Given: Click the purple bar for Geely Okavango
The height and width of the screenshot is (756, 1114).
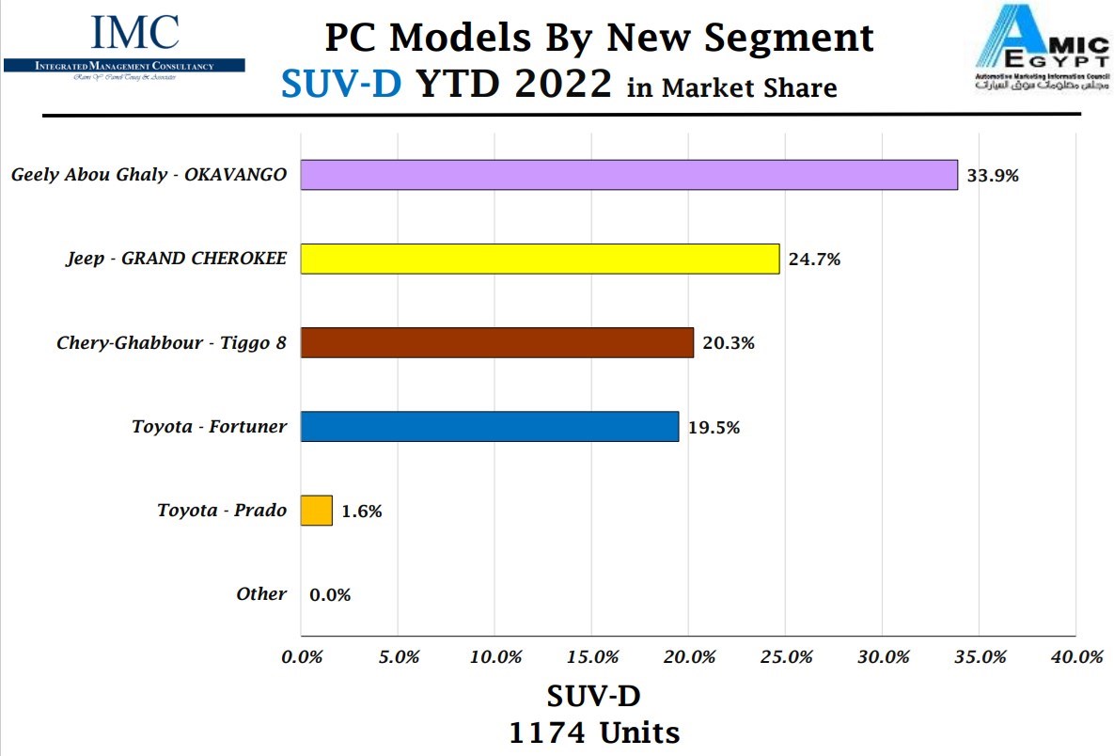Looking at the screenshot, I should click(628, 175).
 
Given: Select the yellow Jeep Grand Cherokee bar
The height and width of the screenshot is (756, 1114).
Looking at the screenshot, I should click(540, 259).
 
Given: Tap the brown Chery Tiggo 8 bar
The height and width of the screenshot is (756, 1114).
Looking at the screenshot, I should click(496, 342).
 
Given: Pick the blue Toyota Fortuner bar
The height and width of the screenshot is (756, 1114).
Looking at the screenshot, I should click(489, 426).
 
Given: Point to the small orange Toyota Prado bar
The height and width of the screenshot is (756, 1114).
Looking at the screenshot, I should click(317, 511).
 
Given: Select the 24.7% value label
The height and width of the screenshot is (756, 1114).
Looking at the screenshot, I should click(814, 260).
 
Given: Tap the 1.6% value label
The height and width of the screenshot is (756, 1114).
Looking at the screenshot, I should click(362, 512).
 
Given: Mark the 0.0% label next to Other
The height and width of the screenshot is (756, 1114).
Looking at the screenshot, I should click(330, 594).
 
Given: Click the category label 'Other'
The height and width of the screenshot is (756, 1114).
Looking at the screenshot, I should click(261, 593).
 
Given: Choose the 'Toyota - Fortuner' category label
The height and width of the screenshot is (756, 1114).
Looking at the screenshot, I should click(209, 427).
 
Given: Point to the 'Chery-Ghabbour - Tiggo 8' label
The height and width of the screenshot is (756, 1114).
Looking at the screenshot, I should click(171, 343).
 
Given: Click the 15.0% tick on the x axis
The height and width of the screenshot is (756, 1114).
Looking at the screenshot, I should click(592, 657).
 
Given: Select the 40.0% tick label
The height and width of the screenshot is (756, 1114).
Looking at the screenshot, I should click(1075, 657).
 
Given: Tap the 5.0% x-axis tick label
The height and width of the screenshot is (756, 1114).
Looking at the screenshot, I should click(399, 657).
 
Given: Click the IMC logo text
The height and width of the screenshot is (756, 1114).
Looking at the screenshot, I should click(134, 33).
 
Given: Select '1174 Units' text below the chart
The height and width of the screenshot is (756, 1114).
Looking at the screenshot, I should click(594, 732).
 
